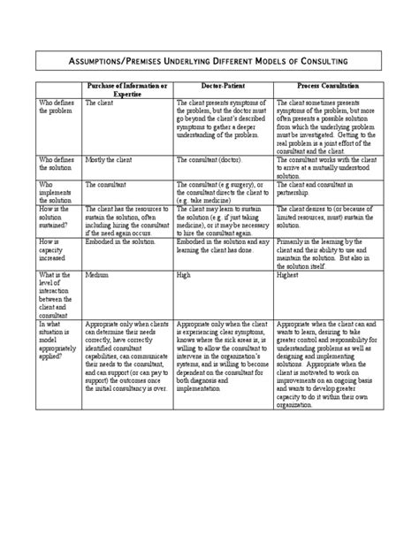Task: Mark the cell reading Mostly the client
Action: [107, 160]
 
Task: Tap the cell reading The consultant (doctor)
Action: [209, 160]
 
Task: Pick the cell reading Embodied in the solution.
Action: [116, 241]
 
